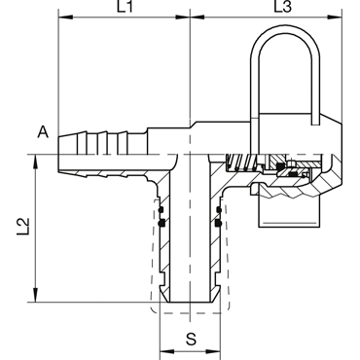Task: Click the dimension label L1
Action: pyautogui.click(x=125, y=7)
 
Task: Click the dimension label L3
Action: pyautogui.click(x=283, y=7)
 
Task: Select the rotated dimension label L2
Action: pyautogui.click(x=24, y=226)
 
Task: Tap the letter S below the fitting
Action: pyautogui.click(x=192, y=339)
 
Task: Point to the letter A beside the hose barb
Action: pyautogui.click(x=43, y=132)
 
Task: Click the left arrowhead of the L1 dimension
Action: pyautogui.click(x=65, y=17)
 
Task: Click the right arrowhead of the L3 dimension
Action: pyautogui.click(x=335, y=17)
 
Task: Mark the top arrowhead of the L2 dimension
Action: pyautogui.click(x=36, y=162)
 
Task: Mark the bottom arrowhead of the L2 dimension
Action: pyautogui.click(x=36, y=295)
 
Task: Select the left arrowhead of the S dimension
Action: pyautogui.click(x=167, y=352)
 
